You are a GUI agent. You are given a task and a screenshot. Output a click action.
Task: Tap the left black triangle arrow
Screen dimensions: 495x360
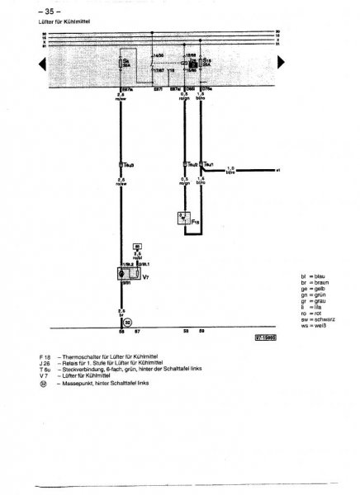click(x=42, y=63)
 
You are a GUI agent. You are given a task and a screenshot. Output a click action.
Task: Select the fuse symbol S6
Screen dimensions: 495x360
click(x=126, y=63)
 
